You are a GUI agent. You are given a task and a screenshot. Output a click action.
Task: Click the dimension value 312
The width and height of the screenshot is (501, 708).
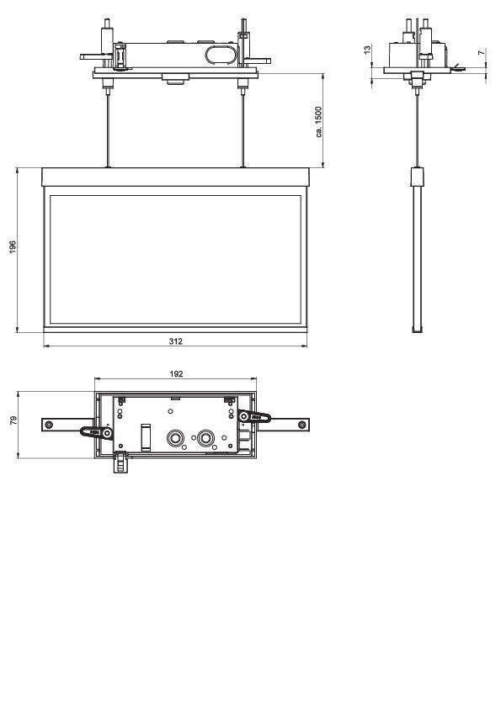point(176,341)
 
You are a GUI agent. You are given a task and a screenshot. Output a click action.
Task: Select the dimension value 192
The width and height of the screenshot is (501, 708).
point(177,372)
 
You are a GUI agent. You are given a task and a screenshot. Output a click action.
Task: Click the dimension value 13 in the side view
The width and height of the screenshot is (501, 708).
point(367,51)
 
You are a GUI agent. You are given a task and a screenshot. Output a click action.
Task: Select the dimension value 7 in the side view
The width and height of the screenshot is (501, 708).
point(481,52)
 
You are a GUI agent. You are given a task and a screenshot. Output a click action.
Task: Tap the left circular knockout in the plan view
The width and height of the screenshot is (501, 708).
point(177,438)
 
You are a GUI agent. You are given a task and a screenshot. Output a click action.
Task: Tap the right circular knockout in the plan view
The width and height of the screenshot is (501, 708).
point(205,438)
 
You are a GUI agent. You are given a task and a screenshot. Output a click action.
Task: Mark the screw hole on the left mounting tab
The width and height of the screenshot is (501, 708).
point(50,424)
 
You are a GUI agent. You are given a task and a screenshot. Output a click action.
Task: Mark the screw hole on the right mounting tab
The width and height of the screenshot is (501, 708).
point(301,424)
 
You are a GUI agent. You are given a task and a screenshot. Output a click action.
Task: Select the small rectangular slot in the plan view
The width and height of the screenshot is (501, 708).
point(146,438)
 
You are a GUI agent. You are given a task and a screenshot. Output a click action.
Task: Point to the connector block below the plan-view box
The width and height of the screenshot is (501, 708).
point(120,462)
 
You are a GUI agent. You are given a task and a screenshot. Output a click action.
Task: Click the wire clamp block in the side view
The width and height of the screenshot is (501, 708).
point(414,177)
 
